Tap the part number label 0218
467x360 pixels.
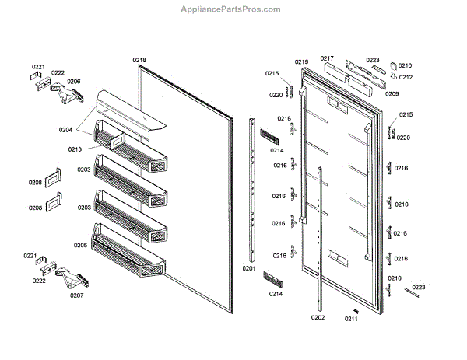point(139,60)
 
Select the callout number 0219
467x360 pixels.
point(302,61)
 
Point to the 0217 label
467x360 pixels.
point(327,58)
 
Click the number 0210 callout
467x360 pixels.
point(406,66)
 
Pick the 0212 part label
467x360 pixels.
point(406,77)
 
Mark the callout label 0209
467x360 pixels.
point(392,93)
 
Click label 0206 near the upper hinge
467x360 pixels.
point(73,81)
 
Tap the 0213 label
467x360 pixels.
point(75,149)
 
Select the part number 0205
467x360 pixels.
point(80,245)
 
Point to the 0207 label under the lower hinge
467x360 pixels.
point(76,295)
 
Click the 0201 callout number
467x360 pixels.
point(249,268)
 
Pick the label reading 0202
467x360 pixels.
point(318,317)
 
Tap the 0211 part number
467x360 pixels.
point(352,318)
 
